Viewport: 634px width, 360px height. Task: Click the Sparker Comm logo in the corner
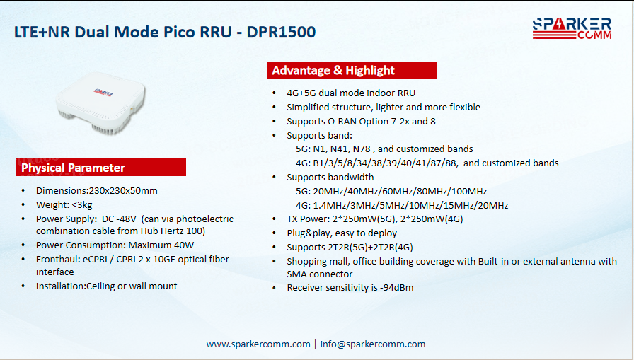572,28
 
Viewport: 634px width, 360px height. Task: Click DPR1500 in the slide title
281,33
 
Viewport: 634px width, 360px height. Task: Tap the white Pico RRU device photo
100,103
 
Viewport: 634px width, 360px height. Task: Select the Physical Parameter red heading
101,168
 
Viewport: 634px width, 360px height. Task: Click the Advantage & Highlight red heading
352,70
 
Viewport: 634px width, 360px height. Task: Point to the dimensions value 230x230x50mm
123,191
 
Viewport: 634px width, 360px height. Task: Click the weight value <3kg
82,205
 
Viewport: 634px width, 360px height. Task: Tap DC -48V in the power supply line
119,219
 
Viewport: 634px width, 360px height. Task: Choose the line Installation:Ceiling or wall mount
106,286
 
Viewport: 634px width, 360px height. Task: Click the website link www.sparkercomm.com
258,344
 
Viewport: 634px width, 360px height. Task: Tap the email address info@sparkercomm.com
373,344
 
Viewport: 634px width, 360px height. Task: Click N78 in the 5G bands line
362,149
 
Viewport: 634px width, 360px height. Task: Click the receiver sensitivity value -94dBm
397,288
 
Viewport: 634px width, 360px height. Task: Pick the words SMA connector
319,274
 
